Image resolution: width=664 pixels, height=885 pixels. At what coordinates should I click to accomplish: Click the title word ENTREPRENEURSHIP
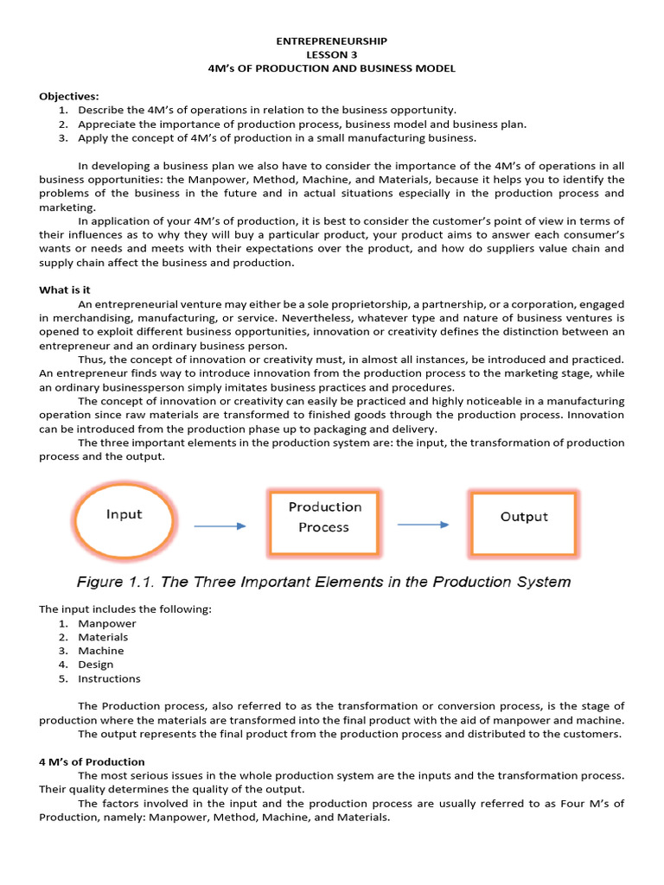pos(331,41)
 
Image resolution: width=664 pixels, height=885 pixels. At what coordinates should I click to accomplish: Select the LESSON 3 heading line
pos(331,54)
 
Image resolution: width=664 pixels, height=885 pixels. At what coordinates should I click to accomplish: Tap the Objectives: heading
pos(69,96)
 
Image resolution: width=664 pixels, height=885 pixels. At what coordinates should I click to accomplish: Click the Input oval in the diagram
pos(124,516)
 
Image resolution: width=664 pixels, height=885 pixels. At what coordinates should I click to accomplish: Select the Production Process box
pos(324,517)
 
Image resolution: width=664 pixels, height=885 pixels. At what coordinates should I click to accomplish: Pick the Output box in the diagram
pos(523,518)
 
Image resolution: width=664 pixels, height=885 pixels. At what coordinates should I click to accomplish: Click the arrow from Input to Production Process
pos(220,525)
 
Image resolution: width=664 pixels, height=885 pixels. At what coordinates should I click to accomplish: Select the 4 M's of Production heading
pos(91,761)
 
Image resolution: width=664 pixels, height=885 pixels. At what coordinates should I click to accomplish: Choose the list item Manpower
pos(107,623)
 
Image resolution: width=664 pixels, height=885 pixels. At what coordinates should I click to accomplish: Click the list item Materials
pos(103,637)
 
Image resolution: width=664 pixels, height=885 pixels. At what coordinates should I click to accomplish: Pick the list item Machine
pos(101,651)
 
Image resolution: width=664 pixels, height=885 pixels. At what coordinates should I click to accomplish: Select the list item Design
pos(96,665)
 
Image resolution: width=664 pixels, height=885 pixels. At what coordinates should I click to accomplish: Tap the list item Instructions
pos(109,678)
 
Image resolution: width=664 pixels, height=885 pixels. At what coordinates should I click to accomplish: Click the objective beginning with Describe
pos(267,110)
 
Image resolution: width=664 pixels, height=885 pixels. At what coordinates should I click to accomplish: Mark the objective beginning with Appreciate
pos(302,124)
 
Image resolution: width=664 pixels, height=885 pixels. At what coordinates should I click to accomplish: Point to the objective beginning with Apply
pos(277,137)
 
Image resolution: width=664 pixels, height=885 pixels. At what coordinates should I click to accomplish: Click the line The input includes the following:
pos(125,609)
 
